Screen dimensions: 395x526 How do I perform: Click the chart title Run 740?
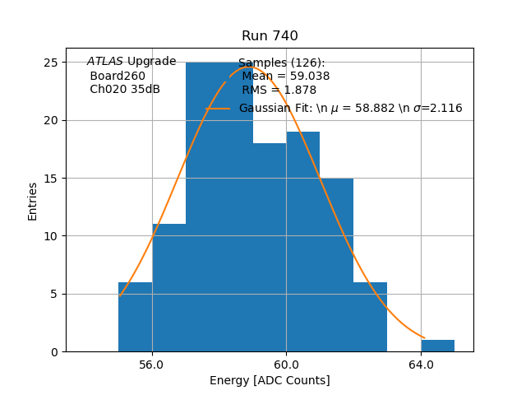(x=270, y=36)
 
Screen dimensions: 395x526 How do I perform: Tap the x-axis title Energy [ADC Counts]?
(x=270, y=380)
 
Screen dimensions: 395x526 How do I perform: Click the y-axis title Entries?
(x=33, y=201)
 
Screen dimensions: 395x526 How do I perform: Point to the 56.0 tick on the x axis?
(x=152, y=363)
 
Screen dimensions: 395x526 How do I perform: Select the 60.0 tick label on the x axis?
(x=286, y=363)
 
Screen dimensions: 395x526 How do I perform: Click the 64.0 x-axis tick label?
(x=421, y=363)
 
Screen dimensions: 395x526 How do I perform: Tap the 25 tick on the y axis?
(x=50, y=63)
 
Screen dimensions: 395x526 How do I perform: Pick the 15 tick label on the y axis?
(x=50, y=179)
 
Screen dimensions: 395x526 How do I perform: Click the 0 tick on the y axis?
(x=53, y=352)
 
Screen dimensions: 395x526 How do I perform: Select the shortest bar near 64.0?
(x=437, y=346)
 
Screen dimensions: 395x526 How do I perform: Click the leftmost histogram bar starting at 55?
(x=135, y=317)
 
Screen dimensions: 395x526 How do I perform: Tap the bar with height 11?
(x=168, y=288)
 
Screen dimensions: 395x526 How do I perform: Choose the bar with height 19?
(x=303, y=242)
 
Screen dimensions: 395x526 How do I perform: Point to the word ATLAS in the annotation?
(x=105, y=62)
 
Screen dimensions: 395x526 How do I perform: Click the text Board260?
(x=118, y=76)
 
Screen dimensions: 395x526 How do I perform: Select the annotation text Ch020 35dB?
(x=125, y=89)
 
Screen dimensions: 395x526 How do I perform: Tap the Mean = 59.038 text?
(x=286, y=77)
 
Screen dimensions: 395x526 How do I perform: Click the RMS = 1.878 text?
(x=279, y=90)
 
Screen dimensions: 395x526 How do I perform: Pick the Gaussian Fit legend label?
(x=350, y=108)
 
